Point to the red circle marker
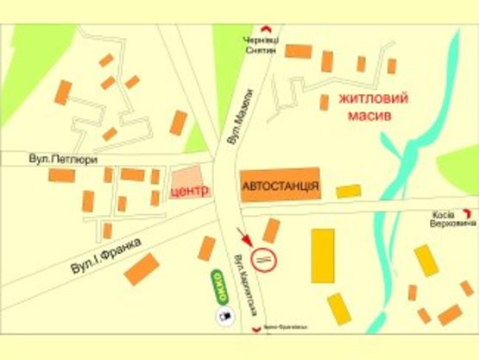263,257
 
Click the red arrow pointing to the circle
246,234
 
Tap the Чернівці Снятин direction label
260,46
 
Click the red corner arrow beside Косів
469,211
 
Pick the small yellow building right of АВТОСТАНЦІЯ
349,191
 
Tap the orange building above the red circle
271,230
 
